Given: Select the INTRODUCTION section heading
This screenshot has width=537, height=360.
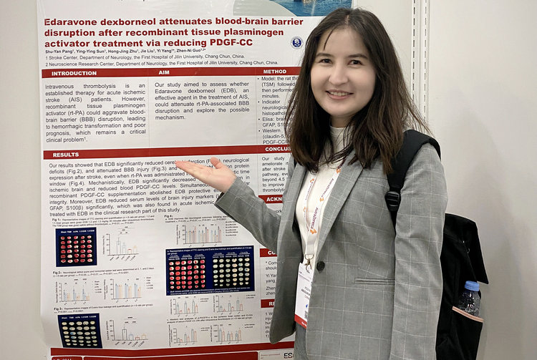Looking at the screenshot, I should coord(74,73).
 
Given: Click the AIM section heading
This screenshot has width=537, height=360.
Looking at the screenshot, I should coord(164,73).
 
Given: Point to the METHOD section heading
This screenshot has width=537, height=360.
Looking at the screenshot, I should coord(274,72).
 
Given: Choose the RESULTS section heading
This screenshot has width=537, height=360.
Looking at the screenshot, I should coord(66,155).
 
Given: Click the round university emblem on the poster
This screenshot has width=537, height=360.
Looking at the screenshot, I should coord(296,42).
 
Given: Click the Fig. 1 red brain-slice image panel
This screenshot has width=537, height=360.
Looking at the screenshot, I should coord(75,247).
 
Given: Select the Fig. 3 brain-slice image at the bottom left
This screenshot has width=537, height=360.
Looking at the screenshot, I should coord(79,331).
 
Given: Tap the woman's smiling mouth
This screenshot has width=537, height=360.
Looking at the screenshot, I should coord(339,94).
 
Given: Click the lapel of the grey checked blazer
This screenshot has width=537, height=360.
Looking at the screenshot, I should coord(335,215).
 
